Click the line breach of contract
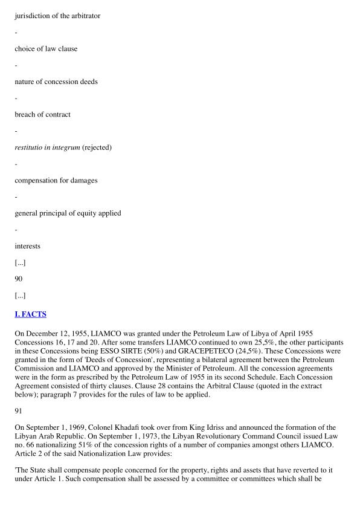pyautogui.click(x=42, y=114)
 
